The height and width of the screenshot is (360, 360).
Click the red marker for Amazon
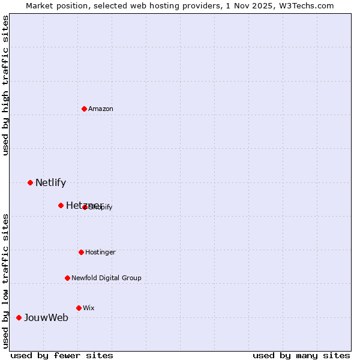coord(85,109)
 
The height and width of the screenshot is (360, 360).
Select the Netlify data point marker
coord(30,182)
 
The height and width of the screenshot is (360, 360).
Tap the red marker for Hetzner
coord(61,205)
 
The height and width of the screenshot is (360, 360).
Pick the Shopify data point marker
coord(85,207)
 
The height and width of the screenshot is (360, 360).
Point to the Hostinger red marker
coord(81,252)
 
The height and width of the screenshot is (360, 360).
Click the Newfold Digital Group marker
coord(67,278)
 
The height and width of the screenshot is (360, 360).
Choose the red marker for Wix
coord(79,308)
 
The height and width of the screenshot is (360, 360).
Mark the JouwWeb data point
coord(19,317)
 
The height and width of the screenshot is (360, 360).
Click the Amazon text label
coord(101,109)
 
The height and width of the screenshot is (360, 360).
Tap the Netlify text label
coord(50,182)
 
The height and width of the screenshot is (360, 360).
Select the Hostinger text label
coord(100,252)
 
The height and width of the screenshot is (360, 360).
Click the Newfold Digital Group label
coord(106,278)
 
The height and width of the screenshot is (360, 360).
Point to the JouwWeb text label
coord(46,317)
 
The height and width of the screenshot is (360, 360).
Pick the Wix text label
coord(89,308)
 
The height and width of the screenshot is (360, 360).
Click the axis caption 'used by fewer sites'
coord(62,355)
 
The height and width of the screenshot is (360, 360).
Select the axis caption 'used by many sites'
coord(301,355)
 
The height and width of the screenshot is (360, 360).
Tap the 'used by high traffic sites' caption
coord(5,85)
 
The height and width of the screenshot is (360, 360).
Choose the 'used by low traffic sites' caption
coord(5,280)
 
